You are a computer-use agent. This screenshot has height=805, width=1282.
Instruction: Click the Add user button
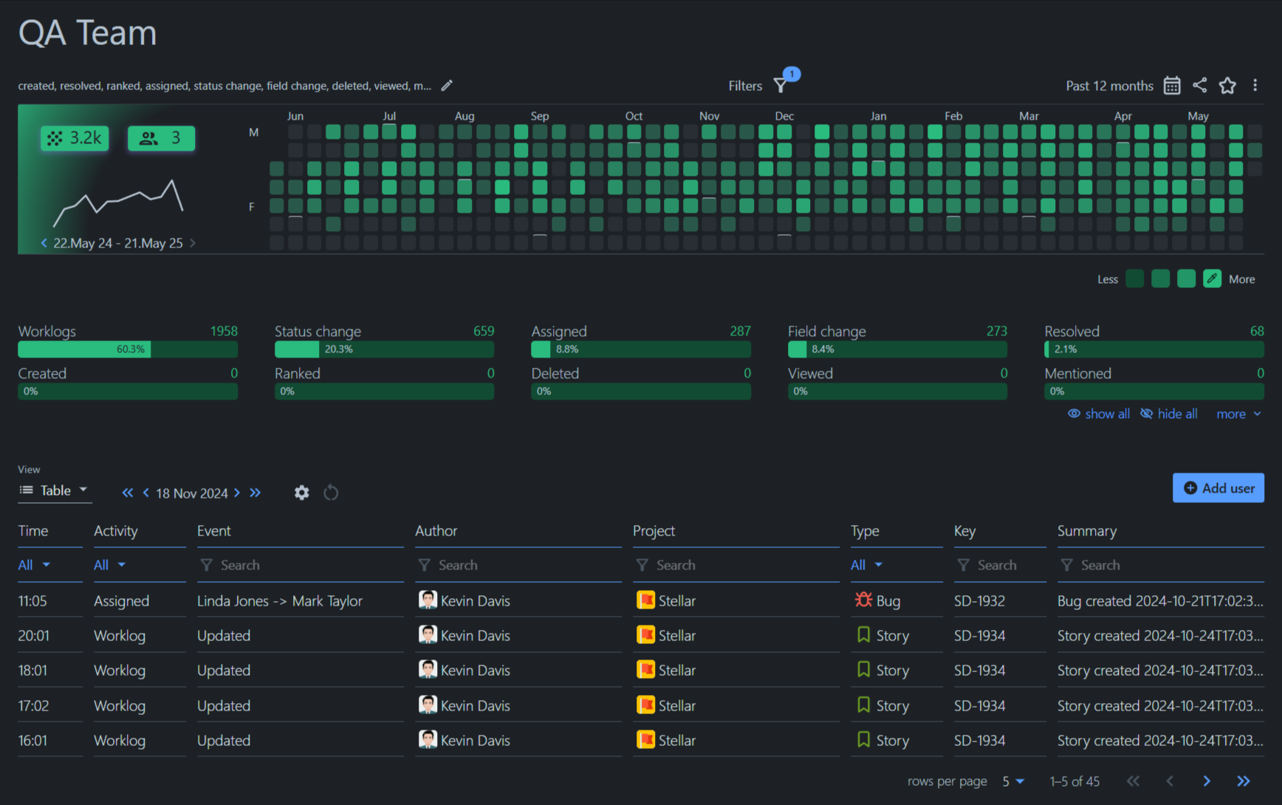coord(1218,488)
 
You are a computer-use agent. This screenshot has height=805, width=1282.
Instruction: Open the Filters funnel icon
coord(781,86)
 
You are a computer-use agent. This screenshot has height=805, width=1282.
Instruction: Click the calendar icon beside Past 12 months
coord(1172,86)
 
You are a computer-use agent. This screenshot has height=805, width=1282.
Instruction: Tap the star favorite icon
coord(1227,86)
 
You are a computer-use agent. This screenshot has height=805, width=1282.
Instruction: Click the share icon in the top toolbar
coord(1200,86)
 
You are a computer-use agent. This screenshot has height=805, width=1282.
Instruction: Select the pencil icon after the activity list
coord(447,86)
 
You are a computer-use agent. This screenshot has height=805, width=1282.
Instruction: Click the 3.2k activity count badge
coord(75,138)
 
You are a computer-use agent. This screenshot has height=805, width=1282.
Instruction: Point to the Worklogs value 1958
coord(224,332)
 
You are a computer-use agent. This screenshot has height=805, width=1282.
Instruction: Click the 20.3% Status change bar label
coord(338,349)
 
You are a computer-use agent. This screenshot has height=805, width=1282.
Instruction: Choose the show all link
coord(1099,414)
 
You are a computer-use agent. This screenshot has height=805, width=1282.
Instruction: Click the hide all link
coord(1169,414)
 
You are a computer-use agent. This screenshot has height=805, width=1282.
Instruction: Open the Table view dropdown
coord(55,490)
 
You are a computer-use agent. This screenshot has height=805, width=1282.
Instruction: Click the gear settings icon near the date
coord(301,493)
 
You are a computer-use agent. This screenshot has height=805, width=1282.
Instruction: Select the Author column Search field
coord(517,565)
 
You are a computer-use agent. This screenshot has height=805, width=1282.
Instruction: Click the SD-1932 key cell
coord(979,601)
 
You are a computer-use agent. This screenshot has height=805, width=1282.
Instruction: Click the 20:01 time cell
coord(34,636)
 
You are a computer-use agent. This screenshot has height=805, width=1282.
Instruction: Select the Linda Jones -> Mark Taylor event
coord(280,601)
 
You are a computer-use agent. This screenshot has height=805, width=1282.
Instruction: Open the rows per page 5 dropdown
coord(1013,781)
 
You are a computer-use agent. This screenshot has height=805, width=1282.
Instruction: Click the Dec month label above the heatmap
coord(784,116)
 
